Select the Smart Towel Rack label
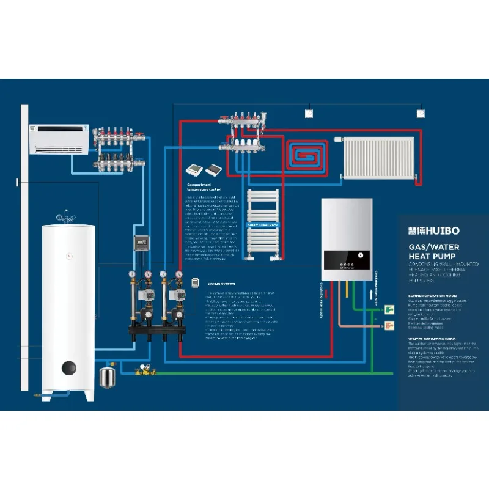(262, 225)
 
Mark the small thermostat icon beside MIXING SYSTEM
(196, 282)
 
